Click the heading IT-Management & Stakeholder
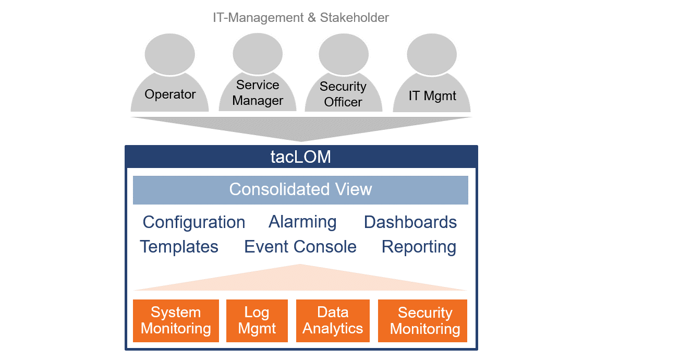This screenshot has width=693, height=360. coord(301,18)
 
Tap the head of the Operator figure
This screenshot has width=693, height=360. coord(170,54)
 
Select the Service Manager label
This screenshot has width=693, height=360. coord(258,92)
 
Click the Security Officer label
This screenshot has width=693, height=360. coord(343,94)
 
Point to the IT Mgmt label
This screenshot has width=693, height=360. coord(432,95)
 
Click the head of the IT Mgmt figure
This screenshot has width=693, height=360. coord(432,54)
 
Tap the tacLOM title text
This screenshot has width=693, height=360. coord(301,157)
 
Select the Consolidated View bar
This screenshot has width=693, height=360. coord(300,190)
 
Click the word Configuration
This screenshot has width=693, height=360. coord(193,223)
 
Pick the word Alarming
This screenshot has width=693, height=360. coord(302,222)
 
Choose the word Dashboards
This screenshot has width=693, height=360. coord(410,222)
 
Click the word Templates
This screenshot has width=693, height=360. coord(179,247)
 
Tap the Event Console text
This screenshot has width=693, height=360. coord(300,247)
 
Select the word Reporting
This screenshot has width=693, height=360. coord(419,247)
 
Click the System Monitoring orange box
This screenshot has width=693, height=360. coord(176,321)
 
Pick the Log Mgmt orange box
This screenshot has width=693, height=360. coord(257,321)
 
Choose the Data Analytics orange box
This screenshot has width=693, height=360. coord(333,321)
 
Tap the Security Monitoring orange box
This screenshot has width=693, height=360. coord(422,321)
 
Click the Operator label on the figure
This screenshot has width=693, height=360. coord(170,94)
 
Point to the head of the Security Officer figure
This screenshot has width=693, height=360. coord(344,54)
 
